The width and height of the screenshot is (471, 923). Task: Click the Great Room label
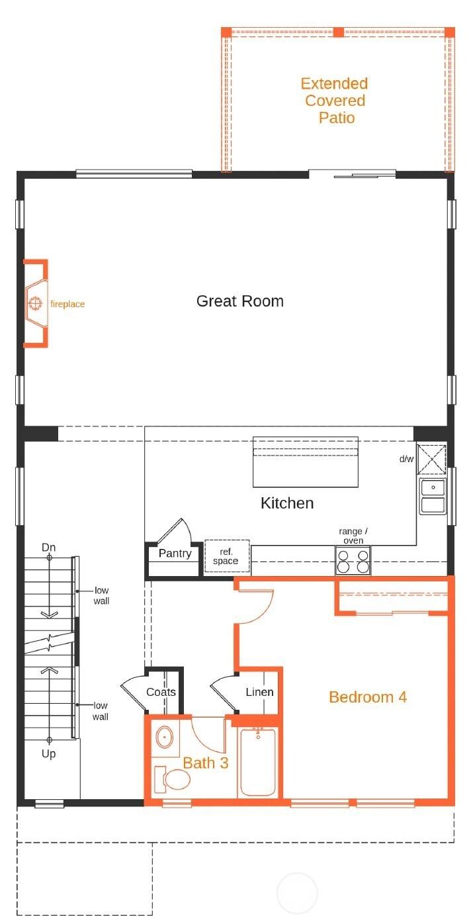pos(239,301)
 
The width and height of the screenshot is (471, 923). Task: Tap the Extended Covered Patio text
pos(334,101)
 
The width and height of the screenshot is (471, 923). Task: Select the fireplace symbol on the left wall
pos(36,305)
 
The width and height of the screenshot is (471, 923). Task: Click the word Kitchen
pos(287,503)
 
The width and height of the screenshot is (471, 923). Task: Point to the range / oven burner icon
pos(353,561)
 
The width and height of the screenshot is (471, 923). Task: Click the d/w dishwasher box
pos(433,460)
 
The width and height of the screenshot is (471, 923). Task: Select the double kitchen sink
pos(433,497)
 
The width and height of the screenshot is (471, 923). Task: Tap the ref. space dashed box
pos(226,556)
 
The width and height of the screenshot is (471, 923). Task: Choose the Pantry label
pos(175,554)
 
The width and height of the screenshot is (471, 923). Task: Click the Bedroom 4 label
pos(367,697)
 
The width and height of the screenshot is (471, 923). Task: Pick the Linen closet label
pos(259,693)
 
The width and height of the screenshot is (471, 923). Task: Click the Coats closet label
pos(161,693)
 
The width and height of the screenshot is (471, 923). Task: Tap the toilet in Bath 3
pos(171,780)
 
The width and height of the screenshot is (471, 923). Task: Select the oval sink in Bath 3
pos(164,736)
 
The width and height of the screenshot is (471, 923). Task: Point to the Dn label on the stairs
pos(49,548)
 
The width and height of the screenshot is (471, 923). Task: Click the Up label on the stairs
pos(49,754)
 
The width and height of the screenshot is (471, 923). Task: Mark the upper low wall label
pos(101,595)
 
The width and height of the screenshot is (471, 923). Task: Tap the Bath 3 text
pos(206,763)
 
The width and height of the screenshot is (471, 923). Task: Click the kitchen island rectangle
pos(305,461)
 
